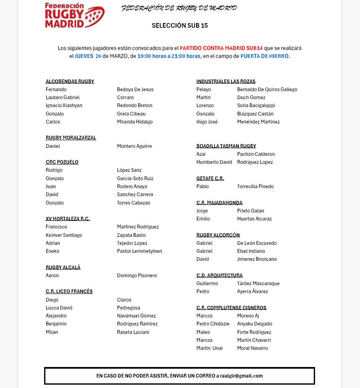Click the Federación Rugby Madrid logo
coord(74,15)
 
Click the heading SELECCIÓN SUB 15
coord(179,26)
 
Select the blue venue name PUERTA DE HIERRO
coord(265,56)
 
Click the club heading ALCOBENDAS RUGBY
coord(70,81)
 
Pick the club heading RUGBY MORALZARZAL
coord(71,138)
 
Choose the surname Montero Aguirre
coord(134,146)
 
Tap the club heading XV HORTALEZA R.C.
coord(68,219)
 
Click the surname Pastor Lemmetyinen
coord(139,251)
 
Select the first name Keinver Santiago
coord(64,235)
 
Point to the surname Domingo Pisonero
coord(137,275)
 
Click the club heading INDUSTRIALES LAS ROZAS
coord(226,81)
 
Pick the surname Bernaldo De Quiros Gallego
coord(267,89)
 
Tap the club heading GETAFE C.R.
coord(210,178)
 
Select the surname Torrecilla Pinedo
coord(255,186)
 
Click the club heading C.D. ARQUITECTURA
coord(219,275)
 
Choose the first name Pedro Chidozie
coord(213,324)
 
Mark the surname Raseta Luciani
coord(133,332)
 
